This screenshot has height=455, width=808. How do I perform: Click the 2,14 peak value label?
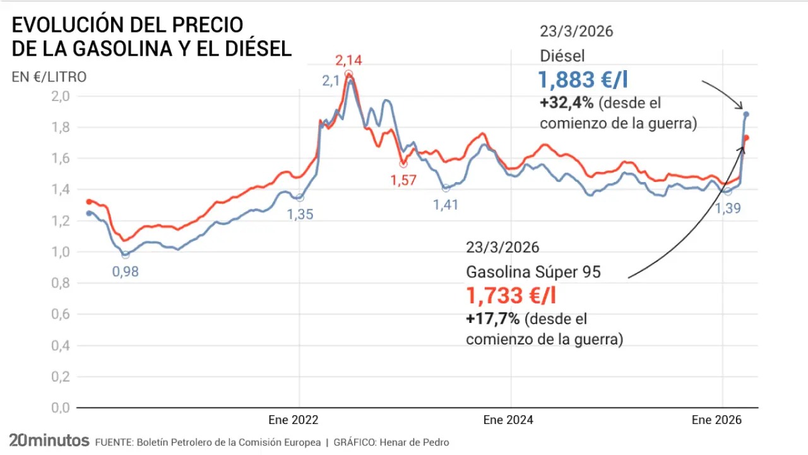pyautogui.click(x=348, y=61)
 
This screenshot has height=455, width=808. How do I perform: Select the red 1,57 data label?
pyautogui.click(x=403, y=181)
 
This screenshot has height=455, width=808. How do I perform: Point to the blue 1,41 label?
pyautogui.click(x=446, y=204)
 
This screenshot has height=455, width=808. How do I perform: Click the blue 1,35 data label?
pyautogui.click(x=300, y=214)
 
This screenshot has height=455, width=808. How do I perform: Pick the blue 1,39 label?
pyautogui.click(x=727, y=208)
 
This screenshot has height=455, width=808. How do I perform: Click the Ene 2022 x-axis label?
pyautogui.click(x=294, y=420)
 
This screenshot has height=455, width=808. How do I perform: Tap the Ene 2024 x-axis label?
pyautogui.click(x=508, y=420)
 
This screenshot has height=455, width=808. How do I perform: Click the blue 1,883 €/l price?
pyautogui.click(x=583, y=80)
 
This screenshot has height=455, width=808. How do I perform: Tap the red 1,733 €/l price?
pyautogui.click(x=511, y=295)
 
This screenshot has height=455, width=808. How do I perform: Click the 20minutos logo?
pyautogui.click(x=49, y=440)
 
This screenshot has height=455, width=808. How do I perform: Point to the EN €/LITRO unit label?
pyautogui.click(x=49, y=77)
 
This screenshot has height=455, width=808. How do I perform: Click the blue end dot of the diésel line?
pyautogui.click(x=746, y=114)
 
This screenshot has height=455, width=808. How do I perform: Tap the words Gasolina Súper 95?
pyautogui.click(x=533, y=272)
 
